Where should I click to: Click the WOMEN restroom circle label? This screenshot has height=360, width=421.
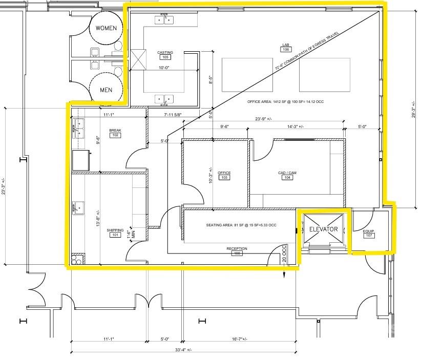tap(106, 28)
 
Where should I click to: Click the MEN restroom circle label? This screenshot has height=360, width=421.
tap(106, 90)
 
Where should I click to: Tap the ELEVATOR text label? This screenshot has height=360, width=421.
tap(323, 229)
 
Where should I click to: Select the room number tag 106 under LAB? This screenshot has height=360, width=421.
tap(286, 50)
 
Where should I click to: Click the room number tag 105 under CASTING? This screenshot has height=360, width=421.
tap(165, 57)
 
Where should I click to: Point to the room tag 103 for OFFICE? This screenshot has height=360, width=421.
tap(224, 178)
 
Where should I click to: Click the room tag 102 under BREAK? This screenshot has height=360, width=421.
tap(115, 136)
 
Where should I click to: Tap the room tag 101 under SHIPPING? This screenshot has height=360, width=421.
tap(115, 236)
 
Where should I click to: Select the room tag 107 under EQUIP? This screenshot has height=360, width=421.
tap(369, 237)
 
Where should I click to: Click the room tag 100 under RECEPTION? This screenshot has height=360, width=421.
tap(237, 253)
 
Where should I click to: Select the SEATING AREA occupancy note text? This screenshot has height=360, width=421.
tap(241, 225)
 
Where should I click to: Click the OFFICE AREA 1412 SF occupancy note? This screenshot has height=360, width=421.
tap(285, 102)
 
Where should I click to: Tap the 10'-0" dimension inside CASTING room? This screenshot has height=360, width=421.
tap(164, 68)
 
